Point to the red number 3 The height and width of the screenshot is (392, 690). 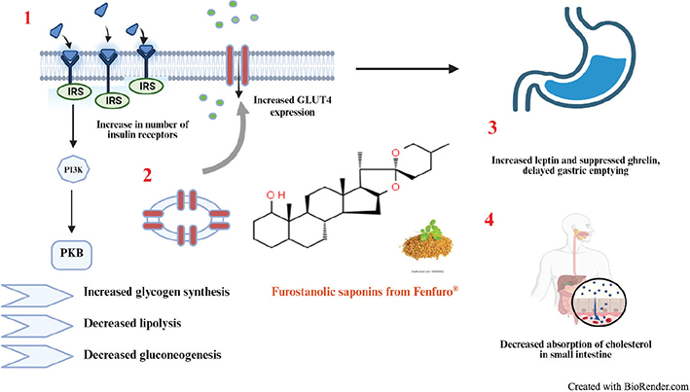494,127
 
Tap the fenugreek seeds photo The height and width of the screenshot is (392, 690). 430,239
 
